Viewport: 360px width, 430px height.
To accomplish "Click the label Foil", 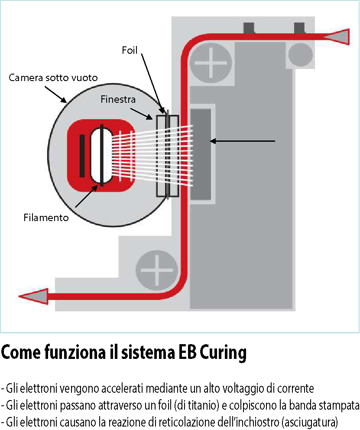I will click(x=129, y=51).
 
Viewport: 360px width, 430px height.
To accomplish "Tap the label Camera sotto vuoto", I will click(x=53, y=78).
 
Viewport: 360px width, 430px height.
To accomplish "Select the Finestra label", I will click(x=118, y=100).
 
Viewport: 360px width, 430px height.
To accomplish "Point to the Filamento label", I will click(x=46, y=218).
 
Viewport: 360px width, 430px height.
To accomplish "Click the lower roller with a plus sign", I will click(x=156, y=269).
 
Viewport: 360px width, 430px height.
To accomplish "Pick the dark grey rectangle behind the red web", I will click(x=201, y=154).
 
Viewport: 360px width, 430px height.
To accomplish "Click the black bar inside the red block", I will click(x=82, y=156).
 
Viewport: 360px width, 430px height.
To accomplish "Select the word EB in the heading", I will click(x=188, y=353).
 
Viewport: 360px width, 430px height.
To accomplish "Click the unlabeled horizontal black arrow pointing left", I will click(x=243, y=141).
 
